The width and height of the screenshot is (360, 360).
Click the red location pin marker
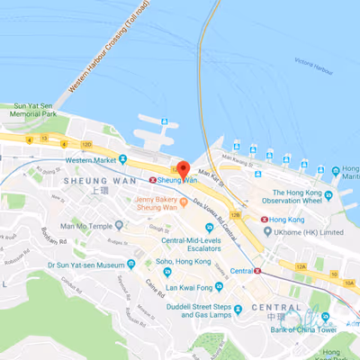click(182, 169)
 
